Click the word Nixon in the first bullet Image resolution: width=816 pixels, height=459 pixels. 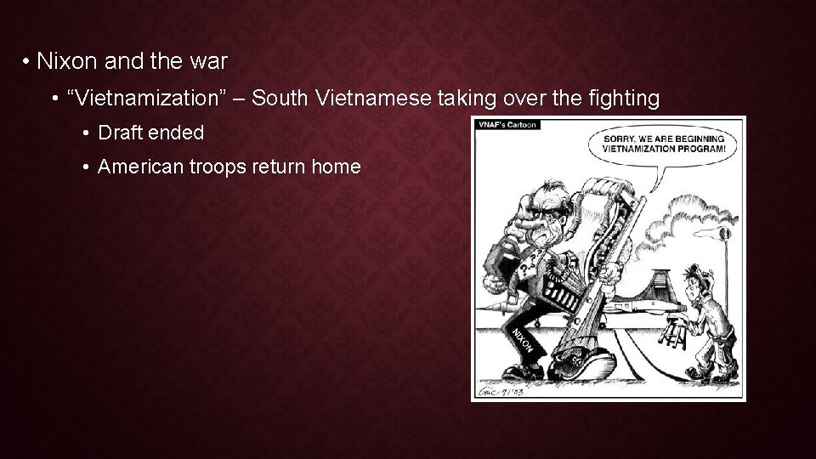(61, 63)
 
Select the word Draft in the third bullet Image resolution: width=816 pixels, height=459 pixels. (120, 133)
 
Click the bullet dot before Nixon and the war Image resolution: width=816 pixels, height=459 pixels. (27, 63)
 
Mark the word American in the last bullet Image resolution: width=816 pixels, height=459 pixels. (136, 167)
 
